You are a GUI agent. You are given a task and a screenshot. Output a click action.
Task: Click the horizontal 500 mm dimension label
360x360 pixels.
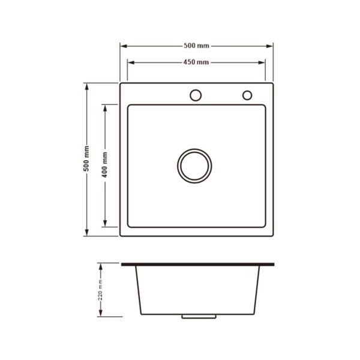coord(196,46)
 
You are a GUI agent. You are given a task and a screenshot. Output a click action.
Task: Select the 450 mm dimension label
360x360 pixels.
coord(196,62)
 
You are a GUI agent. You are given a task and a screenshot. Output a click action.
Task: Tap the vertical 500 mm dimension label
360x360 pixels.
coord(86,158)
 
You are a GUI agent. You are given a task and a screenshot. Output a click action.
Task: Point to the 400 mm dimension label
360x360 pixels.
coord(104,164)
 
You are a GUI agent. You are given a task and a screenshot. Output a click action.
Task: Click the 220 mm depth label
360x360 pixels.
coord(100,290)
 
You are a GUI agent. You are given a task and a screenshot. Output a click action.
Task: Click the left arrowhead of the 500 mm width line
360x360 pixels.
coord(124,46)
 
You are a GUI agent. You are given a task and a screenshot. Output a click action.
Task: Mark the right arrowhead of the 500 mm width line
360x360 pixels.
coord(269,46)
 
